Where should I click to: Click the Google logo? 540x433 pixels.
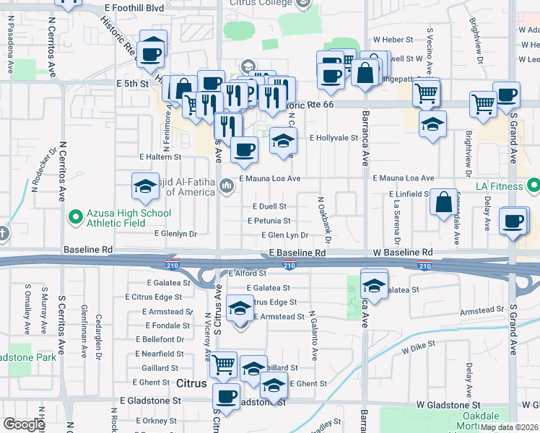pos(24,424)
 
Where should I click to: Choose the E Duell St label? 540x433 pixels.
pos(269,206)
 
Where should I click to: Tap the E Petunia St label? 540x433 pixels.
pos(271,221)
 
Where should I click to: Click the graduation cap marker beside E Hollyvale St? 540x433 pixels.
pos(284,141)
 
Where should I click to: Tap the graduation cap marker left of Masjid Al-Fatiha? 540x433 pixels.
pos(145,186)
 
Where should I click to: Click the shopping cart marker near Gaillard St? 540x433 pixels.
pos(224,364)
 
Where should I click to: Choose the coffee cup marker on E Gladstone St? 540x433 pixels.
pos(227,398)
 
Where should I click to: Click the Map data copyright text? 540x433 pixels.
pos(509,427)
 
